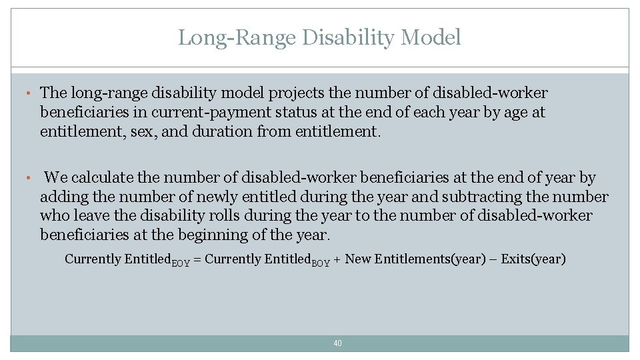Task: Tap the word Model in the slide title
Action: pos(431,38)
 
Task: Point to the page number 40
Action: pos(337,343)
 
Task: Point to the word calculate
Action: pos(101,178)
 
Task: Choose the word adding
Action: pos(64,197)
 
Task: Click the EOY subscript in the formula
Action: pos(181,263)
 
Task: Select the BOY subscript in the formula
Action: pos(321,263)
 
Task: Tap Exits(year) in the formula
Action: pos(533,259)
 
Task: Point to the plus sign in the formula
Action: pos(338,259)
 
